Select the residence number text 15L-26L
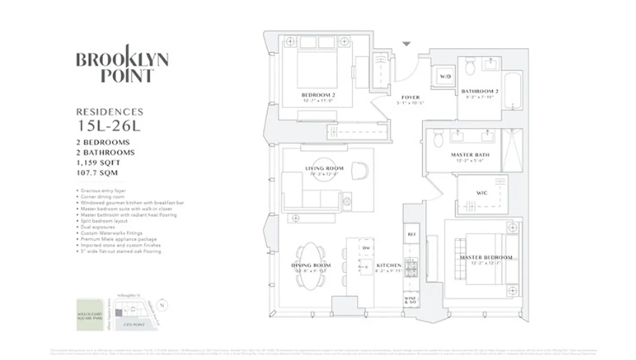(108, 126)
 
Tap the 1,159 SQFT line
(98, 162)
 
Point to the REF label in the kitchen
(411, 234)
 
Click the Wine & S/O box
(411, 300)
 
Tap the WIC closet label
(482, 193)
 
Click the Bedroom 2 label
(318, 95)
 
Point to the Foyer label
(410, 97)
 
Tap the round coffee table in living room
(324, 169)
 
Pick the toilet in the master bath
(438, 139)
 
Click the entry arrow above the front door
(406, 44)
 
